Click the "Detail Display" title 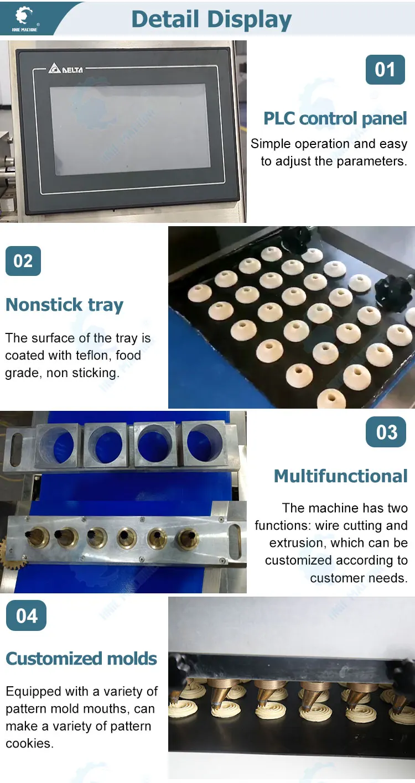pyautogui.click(x=211, y=19)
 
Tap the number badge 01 pyautogui.click(x=385, y=70)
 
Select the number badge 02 pyautogui.click(x=23, y=261)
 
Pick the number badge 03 pyautogui.click(x=386, y=432)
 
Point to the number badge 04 pyautogui.click(x=26, y=615)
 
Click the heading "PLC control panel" pyautogui.click(x=335, y=118)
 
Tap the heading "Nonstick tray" pyautogui.click(x=64, y=305)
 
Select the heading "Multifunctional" pyautogui.click(x=340, y=476)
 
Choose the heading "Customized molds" pyautogui.click(x=81, y=659)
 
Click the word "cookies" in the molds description pyautogui.click(x=29, y=744)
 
